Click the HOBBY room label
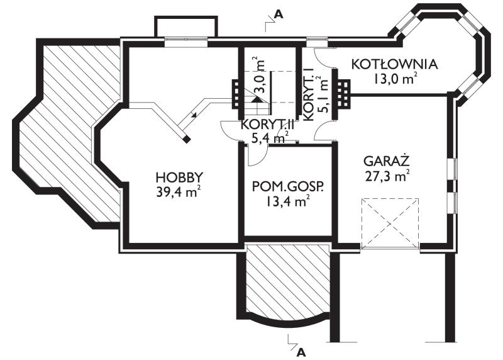[179, 177]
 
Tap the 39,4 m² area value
[179, 191]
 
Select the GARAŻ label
[387, 161]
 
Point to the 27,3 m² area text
[387, 176]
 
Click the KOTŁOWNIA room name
[395, 64]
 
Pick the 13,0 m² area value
[395, 79]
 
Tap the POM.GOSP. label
[287, 186]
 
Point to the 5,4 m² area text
[270, 138]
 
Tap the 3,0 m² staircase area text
[260, 75]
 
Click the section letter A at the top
[279, 14]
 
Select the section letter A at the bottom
[301, 352]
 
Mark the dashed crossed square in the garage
[390, 223]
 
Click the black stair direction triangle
[256, 99]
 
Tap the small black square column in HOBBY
[187, 138]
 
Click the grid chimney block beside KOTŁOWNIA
[343, 93]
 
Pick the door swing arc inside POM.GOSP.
[257, 156]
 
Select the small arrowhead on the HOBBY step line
[193, 115]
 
